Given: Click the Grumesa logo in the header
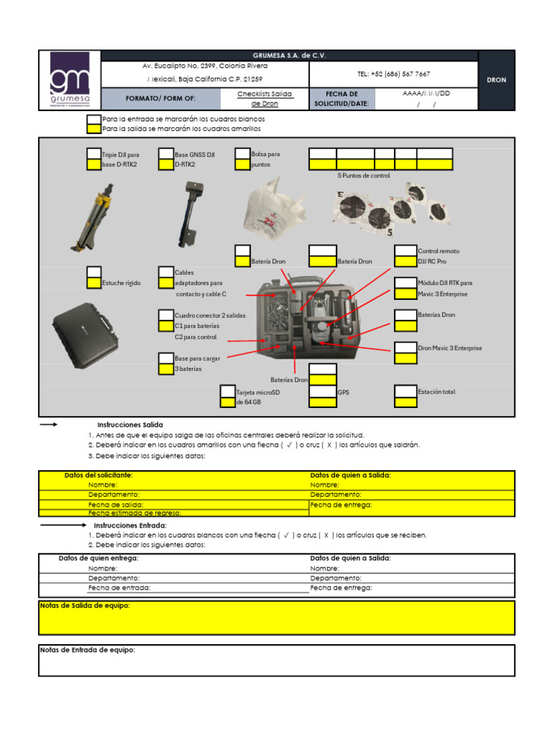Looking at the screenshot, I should tap(69, 80).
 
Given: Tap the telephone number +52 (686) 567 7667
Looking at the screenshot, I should tap(393, 74).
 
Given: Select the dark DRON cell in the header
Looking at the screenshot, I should tap(496, 80).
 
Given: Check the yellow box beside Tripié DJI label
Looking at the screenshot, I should tap(94, 165).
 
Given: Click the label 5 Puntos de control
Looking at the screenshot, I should tap(363, 175).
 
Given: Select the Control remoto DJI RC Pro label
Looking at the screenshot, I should tap(438, 256).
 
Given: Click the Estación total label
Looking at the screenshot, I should tap(436, 392).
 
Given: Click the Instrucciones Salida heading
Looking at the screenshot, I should tap(130, 424).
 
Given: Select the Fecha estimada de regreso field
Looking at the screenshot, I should tap(135, 513).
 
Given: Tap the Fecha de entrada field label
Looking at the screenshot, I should tap(120, 588).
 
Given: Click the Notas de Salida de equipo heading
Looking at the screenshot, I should tap(85, 606).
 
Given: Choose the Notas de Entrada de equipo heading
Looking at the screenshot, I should tap(87, 650).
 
